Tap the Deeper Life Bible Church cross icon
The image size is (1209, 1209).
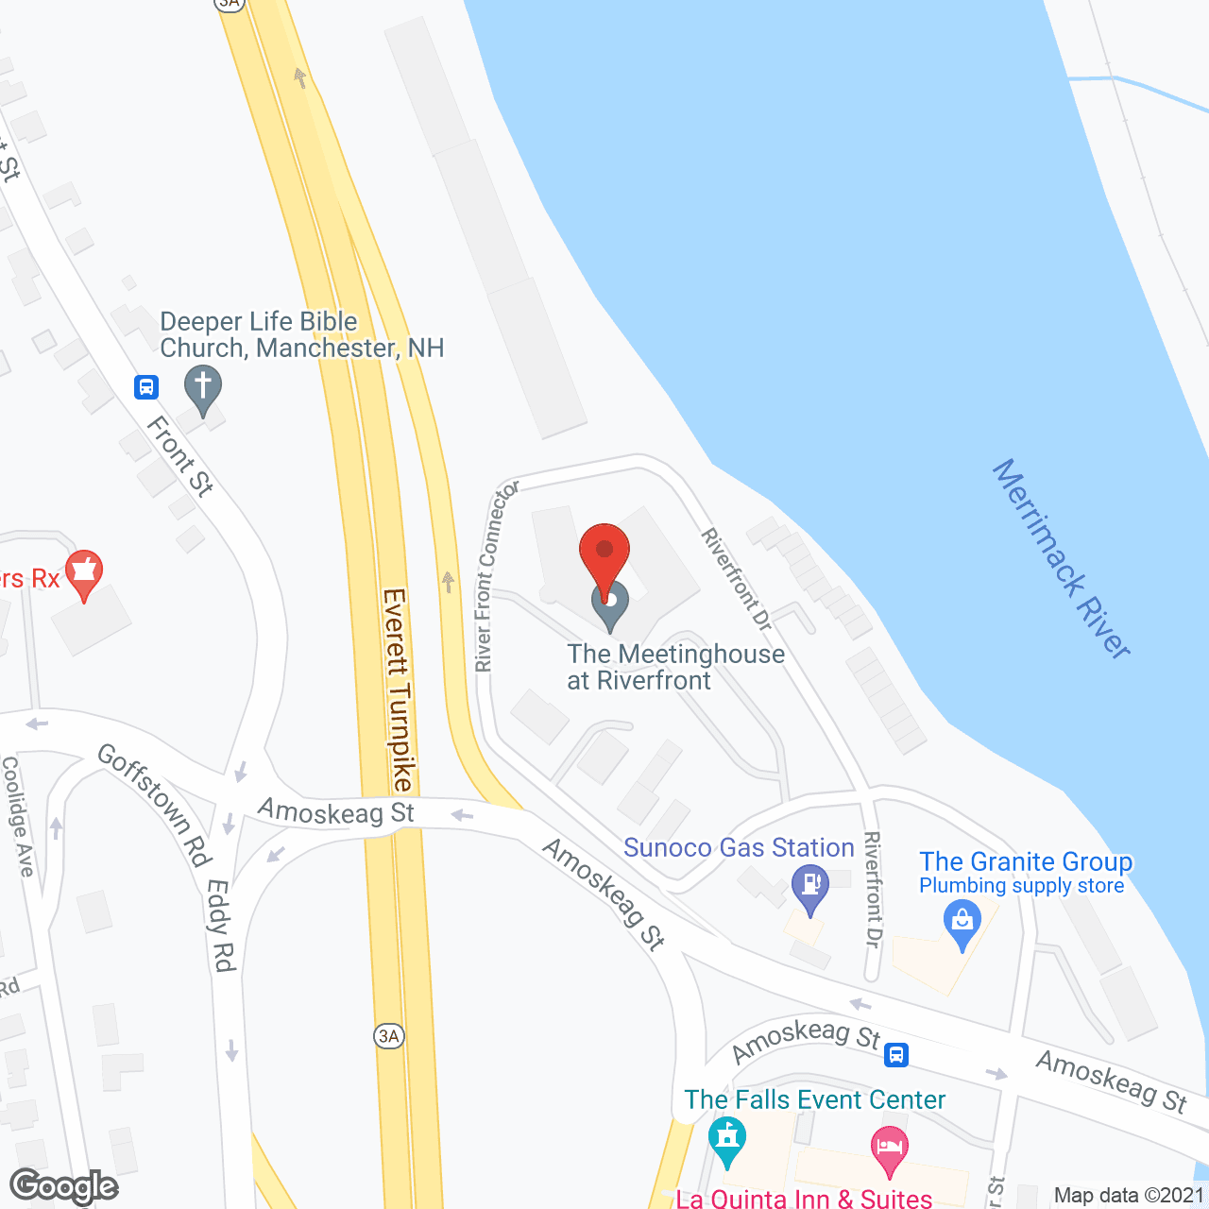point(202,388)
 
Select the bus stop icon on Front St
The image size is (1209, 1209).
point(146,386)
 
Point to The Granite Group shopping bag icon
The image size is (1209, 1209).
point(962,922)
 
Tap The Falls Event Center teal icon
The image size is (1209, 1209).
point(726,1137)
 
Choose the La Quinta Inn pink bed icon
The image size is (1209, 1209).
point(889,1149)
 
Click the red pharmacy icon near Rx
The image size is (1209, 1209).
point(84,572)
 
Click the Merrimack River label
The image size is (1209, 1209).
point(1061,558)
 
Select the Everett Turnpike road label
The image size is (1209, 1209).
point(397,690)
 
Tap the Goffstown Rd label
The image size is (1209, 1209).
point(153,804)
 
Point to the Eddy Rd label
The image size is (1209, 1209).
point(221,925)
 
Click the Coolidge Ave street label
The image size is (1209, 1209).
point(18,816)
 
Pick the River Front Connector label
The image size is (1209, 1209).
point(497,576)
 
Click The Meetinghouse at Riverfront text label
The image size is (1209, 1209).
point(675,667)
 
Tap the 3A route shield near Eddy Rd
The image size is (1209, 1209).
point(388,1036)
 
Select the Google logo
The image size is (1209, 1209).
point(64,1186)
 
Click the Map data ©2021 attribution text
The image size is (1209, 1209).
point(1129,1195)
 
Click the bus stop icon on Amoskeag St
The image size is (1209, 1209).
point(896,1054)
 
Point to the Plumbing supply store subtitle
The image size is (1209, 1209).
point(1021,886)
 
